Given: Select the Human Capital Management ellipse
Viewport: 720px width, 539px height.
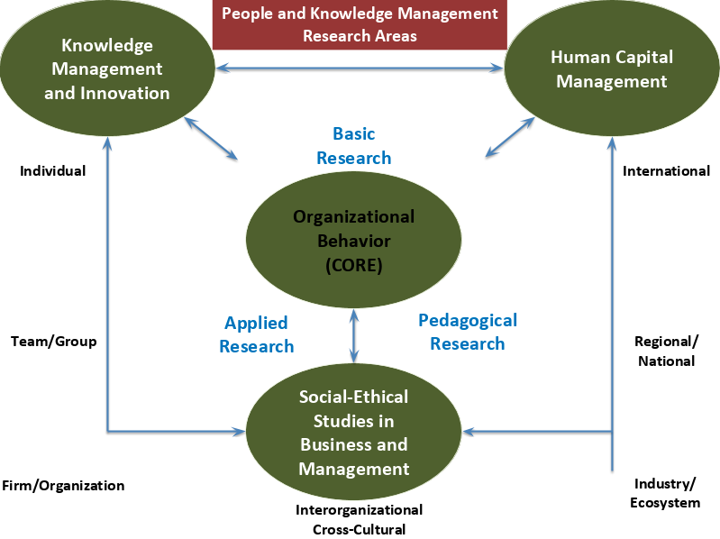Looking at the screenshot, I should (x=611, y=69).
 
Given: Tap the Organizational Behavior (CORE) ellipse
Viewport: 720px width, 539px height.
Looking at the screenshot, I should (x=354, y=241).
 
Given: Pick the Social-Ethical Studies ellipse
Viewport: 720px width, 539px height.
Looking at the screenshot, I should (x=354, y=432).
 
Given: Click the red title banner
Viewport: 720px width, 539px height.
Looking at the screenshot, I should (x=360, y=25).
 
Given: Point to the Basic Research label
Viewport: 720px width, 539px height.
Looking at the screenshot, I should (x=353, y=146).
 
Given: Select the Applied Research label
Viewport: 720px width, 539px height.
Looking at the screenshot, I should (x=256, y=334).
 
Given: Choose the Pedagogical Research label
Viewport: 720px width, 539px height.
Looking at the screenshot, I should (x=468, y=332).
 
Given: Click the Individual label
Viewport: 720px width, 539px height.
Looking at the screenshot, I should (x=53, y=170).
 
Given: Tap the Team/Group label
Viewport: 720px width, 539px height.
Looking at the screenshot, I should (x=53, y=342).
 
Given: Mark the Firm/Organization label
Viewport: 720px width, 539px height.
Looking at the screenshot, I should (x=63, y=485).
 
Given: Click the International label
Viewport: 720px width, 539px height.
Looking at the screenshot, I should (x=666, y=170).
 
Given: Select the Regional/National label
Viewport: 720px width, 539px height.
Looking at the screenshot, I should (x=666, y=351).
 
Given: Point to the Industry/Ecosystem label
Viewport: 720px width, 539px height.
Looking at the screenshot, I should (x=666, y=493).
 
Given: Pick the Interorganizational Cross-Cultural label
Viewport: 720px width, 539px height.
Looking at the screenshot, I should (x=359, y=519).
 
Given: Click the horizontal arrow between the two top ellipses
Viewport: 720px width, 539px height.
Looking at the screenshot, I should (x=359, y=68).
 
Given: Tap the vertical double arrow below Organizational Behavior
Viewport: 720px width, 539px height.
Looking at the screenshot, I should (x=354, y=334).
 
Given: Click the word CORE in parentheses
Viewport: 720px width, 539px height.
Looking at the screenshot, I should (x=354, y=265).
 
